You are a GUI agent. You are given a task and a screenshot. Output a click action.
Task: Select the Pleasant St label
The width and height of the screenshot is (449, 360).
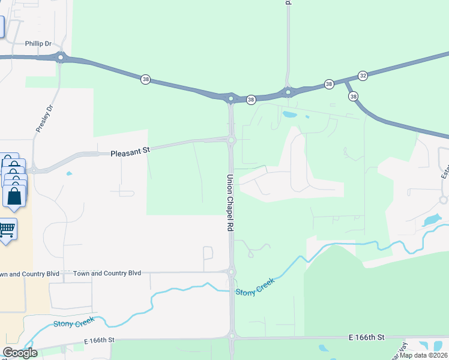coord(130,153)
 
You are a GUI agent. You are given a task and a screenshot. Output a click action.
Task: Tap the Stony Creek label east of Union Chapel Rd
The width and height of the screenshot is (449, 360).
coord(255,287)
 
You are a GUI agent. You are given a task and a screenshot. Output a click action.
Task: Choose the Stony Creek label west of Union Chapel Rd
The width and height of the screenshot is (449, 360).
coord(73,324)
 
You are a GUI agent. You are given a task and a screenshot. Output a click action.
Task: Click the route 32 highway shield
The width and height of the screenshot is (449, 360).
coord(363,76)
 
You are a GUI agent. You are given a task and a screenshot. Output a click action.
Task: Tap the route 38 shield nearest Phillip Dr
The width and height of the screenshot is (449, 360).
coord(145,79)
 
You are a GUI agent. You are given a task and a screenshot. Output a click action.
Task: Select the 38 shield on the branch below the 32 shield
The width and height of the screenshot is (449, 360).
coord(353,96)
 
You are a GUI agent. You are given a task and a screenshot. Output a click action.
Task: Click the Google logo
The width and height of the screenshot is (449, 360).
coord(20,353)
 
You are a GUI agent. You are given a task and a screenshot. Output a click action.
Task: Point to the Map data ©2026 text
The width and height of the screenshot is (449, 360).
coord(424,355)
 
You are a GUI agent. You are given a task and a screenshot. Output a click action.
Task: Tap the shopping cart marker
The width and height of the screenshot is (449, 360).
coord(7,229)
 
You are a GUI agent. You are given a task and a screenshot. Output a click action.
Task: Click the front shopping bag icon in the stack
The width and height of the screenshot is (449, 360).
coord(14,196)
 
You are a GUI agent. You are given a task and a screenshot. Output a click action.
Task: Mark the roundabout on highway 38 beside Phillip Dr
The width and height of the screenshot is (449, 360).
coord(60,58)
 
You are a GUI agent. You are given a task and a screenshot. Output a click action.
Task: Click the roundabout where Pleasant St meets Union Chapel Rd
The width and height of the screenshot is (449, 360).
coord(231,140)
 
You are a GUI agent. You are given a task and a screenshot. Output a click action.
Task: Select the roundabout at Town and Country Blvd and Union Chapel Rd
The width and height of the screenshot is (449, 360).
coord(231,272)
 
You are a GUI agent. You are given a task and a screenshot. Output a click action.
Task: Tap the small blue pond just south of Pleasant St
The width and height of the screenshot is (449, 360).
coord(69,174)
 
